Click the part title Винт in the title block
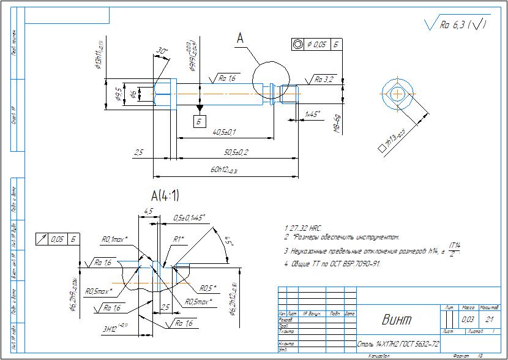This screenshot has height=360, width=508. (396, 319)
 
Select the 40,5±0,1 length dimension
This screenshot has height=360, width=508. (224, 132)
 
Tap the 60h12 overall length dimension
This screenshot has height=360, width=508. (225, 170)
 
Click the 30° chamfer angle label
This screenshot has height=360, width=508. (162, 51)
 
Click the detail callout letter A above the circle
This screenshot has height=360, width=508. (241, 39)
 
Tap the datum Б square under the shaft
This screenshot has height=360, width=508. (199, 121)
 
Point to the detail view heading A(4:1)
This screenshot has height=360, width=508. (165, 196)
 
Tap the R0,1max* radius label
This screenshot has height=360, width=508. (114, 239)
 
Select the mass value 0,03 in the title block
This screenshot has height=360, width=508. (468, 319)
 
